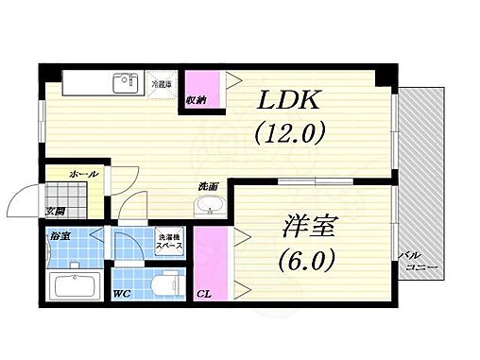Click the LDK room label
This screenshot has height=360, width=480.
pos(290,99)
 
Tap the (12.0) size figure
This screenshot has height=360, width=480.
pos(290,132)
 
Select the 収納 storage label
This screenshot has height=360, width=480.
pos(196,98)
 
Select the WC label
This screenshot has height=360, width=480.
pos(121,294)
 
